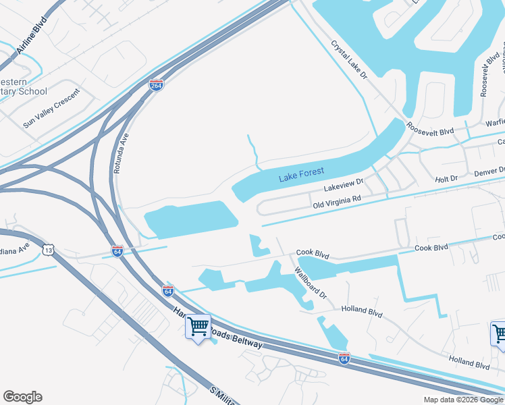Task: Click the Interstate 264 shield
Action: click(x=156, y=84)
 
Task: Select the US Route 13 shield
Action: click(x=47, y=250)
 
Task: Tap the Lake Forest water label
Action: click(x=302, y=175)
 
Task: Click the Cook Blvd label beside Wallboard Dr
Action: click(x=313, y=255)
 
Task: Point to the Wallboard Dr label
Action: click(x=310, y=283)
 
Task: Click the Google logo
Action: click(x=22, y=397)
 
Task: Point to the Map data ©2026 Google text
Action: click(x=463, y=400)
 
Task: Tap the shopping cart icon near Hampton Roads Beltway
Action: click(x=198, y=327)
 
